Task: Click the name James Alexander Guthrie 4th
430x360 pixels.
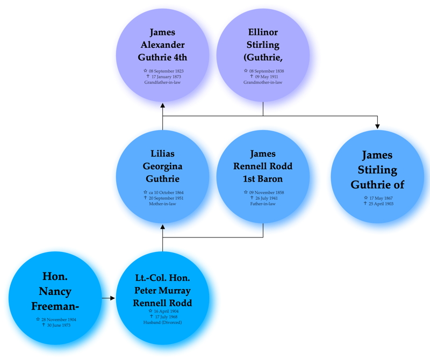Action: (162, 45)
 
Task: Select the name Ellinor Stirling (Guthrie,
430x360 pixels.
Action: (263, 45)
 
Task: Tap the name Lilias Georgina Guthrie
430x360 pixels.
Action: (162, 166)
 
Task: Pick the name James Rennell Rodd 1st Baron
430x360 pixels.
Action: (263, 166)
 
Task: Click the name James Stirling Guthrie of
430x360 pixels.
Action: (377, 170)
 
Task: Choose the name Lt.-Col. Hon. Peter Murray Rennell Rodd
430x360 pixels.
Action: (162, 290)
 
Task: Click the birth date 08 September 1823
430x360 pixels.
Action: (164, 71)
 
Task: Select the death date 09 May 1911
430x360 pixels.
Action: (265, 76)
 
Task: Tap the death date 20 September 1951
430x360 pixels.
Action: (164, 198)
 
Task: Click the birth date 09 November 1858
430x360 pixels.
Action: (265, 192)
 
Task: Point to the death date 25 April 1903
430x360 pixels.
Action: (379, 203)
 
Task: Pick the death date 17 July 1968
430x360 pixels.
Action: (164, 316)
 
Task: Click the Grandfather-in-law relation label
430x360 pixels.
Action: (162, 82)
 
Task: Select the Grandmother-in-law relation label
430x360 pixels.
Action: (263, 82)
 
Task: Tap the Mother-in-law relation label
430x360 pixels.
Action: (162, 204)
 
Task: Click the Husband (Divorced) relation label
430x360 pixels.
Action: (162, 322)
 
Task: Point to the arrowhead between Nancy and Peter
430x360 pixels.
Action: (113, 297)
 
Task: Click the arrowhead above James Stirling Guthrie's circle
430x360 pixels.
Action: (377, 126)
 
